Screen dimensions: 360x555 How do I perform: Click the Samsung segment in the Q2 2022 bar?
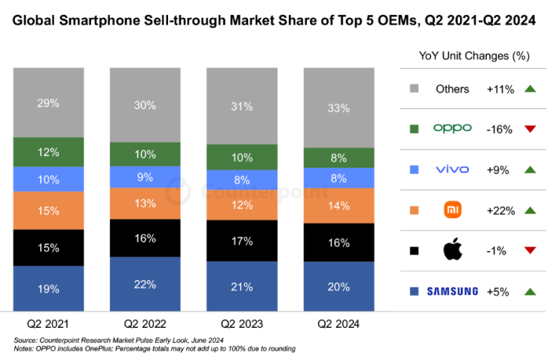[144, 284]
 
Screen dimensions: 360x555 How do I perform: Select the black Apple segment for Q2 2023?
[241, 242]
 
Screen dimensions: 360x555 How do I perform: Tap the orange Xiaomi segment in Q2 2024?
[338, 205]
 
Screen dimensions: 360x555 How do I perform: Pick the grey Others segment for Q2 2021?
[48, 102]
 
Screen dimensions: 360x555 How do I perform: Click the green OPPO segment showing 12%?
[48, 152]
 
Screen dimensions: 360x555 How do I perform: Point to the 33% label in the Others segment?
[338, 108]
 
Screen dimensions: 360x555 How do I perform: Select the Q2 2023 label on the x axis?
[241, 325]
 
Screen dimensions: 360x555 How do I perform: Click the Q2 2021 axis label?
[48, 325]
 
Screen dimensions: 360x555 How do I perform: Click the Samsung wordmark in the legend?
[452, 291]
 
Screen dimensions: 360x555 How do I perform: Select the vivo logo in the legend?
[452, 170]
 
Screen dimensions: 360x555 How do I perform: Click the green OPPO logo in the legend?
[452, 128]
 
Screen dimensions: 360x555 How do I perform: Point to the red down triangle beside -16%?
[531, 129]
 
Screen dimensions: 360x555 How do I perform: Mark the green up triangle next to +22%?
[531, 211]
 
